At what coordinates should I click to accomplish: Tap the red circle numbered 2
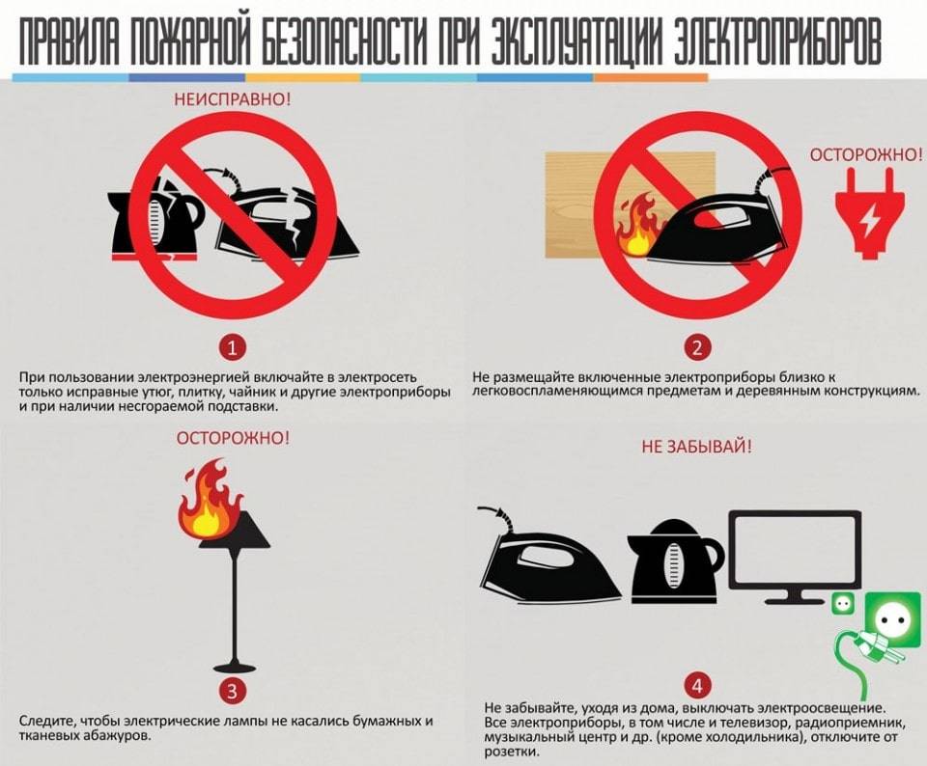[697, 348]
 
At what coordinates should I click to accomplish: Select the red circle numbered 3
[233, 691]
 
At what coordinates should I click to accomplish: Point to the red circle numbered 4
[697, 686]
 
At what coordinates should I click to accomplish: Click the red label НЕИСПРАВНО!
[233, 98]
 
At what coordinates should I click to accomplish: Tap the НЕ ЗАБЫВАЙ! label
[697, 447]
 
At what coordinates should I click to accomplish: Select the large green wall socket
[892, 619]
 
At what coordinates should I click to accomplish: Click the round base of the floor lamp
[233, 666]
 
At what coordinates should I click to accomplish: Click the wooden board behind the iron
[630, 205]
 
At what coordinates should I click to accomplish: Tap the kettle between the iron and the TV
[675, 561]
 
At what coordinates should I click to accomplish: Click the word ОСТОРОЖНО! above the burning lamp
[233, 438]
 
